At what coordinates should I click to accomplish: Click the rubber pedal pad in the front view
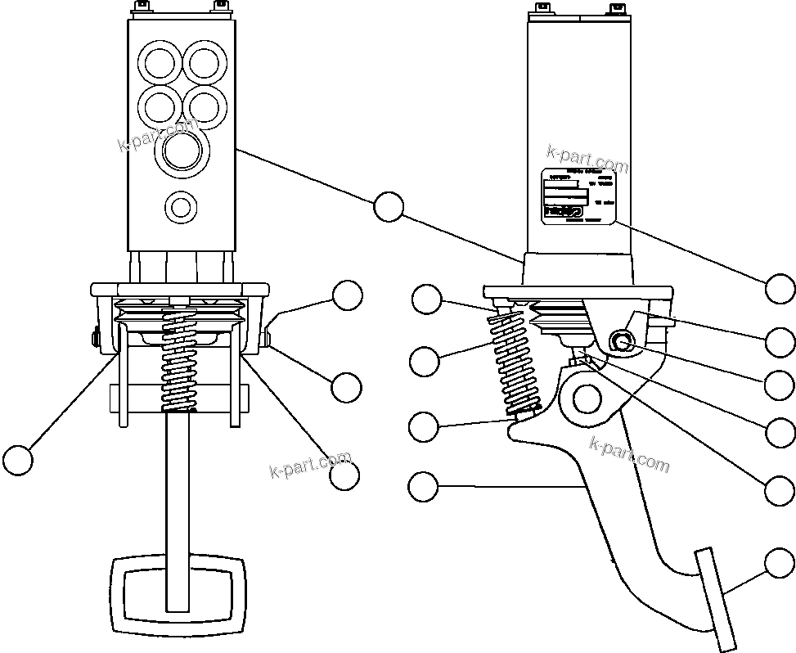178,596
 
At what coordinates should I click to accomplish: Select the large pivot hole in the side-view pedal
587,399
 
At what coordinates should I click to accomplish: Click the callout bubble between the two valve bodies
389,207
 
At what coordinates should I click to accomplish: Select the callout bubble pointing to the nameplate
780,288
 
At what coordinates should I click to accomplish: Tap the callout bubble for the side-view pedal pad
780,564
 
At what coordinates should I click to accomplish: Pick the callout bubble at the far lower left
18,460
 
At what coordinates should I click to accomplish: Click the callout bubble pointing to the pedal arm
422,487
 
